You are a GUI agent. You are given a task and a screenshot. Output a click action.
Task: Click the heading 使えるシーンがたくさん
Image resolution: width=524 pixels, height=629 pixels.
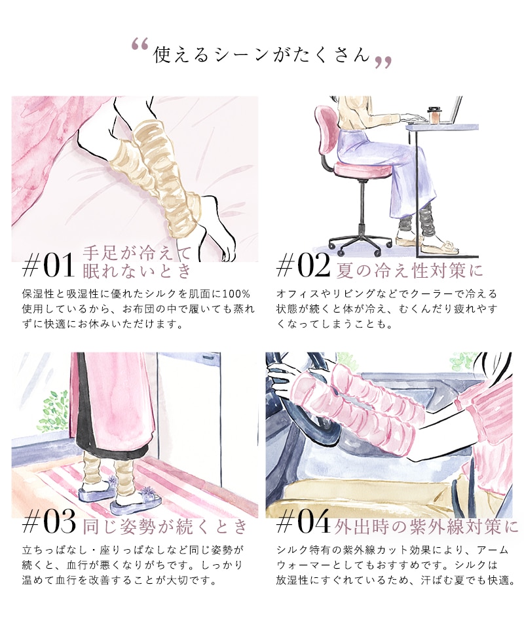click(x=261, y=54)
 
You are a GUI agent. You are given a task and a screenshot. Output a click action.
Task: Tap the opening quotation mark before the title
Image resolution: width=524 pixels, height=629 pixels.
click(x=140, y=44)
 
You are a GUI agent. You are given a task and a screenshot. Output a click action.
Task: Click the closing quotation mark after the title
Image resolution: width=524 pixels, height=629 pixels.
click(x=383, y=62)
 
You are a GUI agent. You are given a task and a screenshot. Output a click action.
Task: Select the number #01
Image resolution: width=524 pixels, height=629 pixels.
click(x=48, y=265)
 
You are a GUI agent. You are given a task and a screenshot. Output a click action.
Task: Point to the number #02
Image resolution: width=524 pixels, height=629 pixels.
click(x=303, y=266)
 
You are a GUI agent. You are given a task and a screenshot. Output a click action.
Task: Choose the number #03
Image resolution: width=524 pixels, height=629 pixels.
click(x=49, y=522)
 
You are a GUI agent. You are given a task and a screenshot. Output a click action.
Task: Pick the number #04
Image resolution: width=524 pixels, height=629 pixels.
click(x=303, y=522)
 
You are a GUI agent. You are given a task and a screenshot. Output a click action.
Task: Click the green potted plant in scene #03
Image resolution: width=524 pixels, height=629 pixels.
click(x=53, y=409)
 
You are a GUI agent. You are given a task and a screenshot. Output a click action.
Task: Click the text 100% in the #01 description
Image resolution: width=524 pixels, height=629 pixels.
click(x=236, y=294)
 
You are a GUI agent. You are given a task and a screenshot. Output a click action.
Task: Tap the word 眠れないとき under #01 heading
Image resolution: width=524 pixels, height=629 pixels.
click(x=137, y=271)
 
